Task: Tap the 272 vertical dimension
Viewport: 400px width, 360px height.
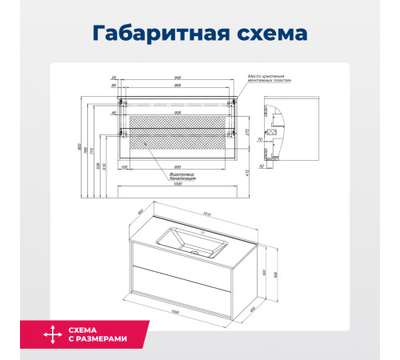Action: pos(246,132)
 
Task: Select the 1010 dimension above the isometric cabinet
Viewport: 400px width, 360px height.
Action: pos(209,214)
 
